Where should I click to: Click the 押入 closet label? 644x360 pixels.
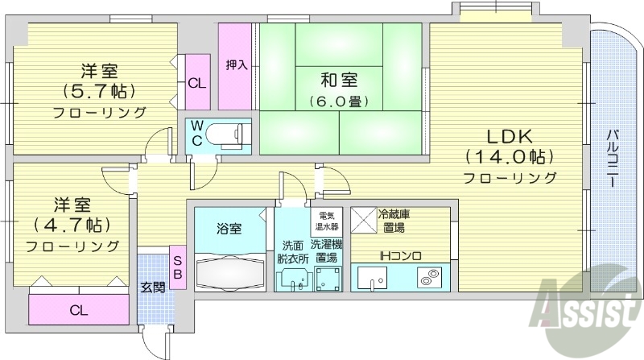tap(236, 64)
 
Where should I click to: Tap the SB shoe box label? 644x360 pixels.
tap(179, 267)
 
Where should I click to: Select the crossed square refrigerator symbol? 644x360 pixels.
tap(363, 219)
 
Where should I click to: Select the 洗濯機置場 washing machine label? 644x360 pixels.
tap(327, 251)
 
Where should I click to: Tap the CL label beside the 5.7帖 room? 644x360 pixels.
tap(196, 82)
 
